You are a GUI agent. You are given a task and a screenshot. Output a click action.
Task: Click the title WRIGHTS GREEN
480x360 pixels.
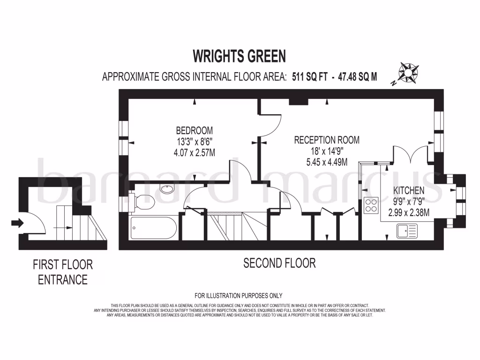(240, 57)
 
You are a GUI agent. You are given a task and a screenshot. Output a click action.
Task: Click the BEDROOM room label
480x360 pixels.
(194, 130)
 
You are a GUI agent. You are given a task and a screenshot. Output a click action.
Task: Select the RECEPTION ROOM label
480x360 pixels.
(327, 140)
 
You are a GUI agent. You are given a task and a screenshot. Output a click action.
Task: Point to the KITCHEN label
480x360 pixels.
(408, 191)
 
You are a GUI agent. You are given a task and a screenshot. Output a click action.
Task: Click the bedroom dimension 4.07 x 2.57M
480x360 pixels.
(194, 152)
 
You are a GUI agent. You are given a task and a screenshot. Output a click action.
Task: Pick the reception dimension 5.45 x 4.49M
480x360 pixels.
(327, 162)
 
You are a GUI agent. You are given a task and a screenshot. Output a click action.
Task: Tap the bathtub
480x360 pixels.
(154, 228)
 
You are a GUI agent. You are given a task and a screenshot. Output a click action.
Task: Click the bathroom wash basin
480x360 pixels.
(166, 189)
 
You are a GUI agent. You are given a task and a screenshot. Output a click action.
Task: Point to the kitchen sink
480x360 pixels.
(406, 230)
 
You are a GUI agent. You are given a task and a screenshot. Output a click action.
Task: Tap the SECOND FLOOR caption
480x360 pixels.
(279, 263)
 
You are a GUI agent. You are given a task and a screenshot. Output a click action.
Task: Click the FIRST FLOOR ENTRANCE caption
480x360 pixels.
(63, 272)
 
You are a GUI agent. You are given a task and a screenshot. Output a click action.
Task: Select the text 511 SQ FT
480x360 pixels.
(307, 77)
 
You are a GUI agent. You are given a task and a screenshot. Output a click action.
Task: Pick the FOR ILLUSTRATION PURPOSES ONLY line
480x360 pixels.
(239, 295)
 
